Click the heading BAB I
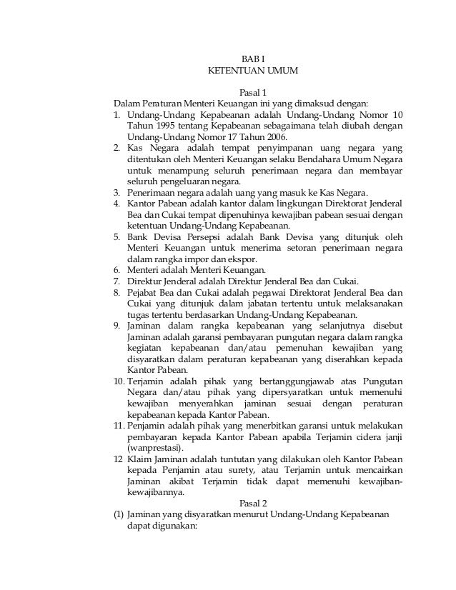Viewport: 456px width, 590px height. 253,58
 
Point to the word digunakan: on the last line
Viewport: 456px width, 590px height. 155,528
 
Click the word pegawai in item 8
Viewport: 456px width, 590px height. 247,293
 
